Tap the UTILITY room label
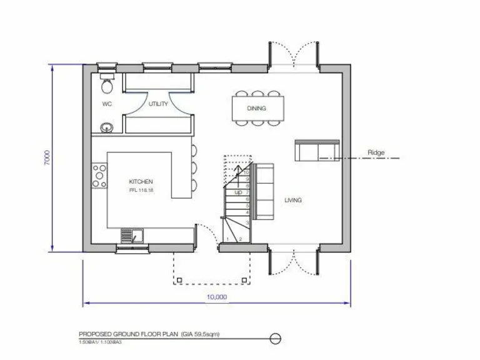[x=159, y=104]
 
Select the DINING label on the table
[x=256, y=108]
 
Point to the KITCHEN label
[x=141, y=181]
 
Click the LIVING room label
[x=293, y=200]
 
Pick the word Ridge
[x=376, y=152]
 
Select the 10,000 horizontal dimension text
[x=216, y=297]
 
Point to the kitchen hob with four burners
[x=99, y=176]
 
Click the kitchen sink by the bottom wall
[x=133, y=236]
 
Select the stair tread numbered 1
[x=229, y=239]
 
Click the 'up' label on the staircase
[x=238, y=192]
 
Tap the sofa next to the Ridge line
[x=316, y=151]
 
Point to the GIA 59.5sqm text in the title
[x=199, y=335]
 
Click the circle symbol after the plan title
[x=274, y=339]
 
